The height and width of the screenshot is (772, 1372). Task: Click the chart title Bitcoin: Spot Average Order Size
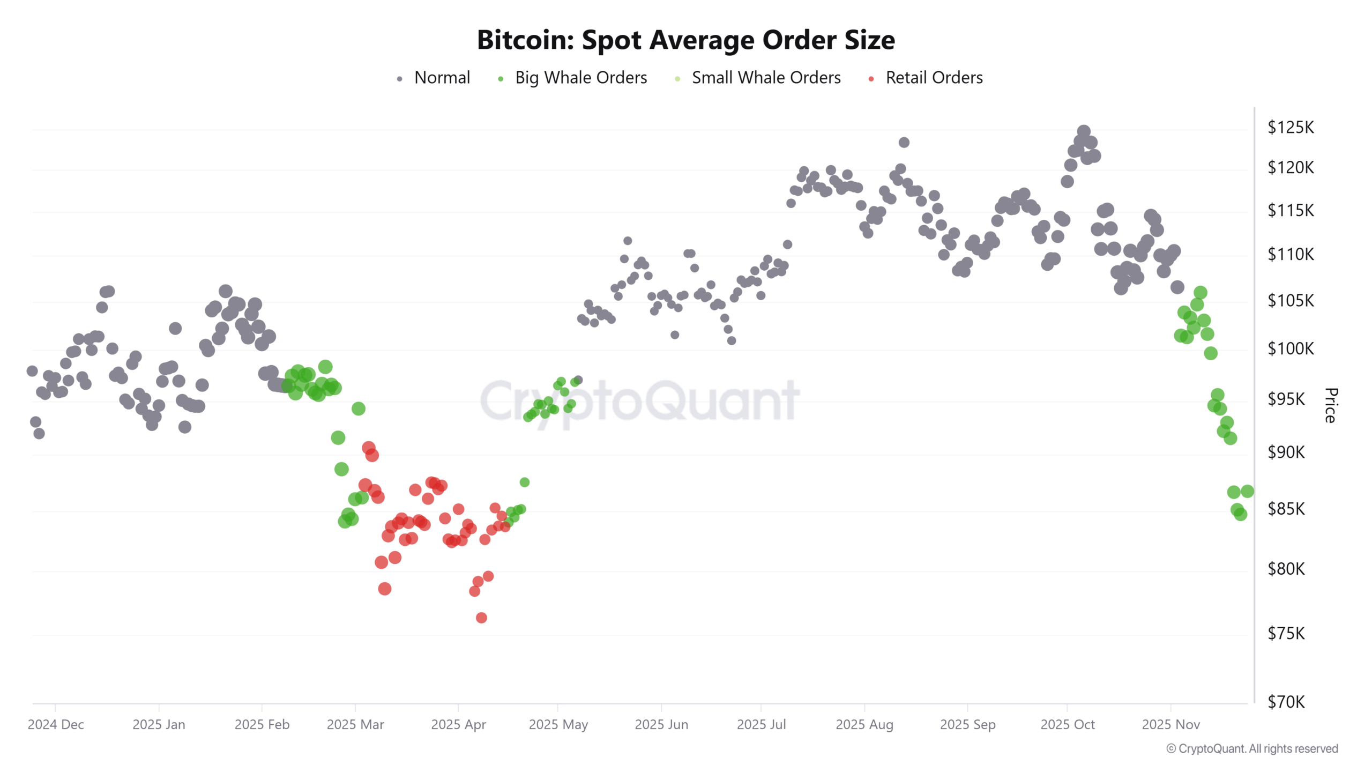pos(685,40)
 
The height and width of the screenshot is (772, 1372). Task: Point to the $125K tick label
pos(1290,128)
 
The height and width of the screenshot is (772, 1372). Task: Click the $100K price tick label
pos(1290,349)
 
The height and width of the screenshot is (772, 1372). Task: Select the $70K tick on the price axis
pos(1286,702)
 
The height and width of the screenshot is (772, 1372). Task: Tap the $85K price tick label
pos(1286,509)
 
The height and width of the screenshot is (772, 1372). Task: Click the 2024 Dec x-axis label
pos(56,725)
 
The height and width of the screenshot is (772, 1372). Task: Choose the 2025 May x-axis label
pos(558,725)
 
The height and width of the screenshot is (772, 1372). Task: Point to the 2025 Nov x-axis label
pos(1170,725)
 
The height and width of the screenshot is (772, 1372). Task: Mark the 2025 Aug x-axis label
pos(864,725)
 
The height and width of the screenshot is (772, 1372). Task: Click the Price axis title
pos(1330,405)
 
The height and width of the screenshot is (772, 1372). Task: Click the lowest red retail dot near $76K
pos(481,618)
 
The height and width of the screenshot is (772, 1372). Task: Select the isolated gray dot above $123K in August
pos(904,143)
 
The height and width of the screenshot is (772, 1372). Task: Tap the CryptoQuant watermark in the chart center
pos(639,401)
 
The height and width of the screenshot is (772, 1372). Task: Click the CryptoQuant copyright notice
pos(1252,749)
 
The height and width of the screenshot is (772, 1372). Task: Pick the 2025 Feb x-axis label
pos(262,725)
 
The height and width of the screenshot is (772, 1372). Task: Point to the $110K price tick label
pos(1290,255)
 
